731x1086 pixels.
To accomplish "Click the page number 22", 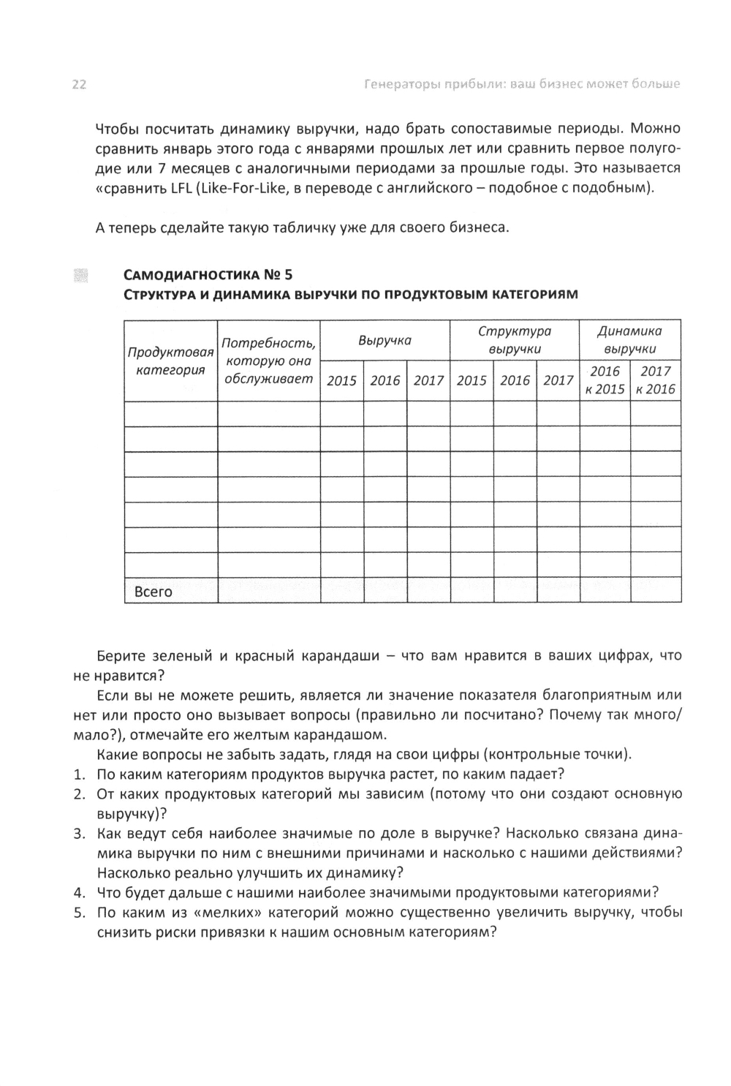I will point(79,85).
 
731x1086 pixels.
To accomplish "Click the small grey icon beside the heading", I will point(81,275).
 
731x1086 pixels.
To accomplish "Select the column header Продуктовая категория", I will point(170,361).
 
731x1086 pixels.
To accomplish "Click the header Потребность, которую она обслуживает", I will point(268,361).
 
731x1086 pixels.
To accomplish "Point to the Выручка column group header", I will point(385,340).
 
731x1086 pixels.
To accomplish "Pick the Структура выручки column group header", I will point(514,340).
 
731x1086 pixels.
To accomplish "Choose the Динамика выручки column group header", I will point(629,340).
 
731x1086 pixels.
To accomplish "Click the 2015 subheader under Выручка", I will point(341,380).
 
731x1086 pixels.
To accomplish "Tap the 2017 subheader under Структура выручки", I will point(558,380).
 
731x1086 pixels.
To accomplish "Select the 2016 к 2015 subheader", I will point(605,380).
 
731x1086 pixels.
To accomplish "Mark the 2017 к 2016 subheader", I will point(656,380).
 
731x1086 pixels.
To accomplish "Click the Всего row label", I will point(154,592).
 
